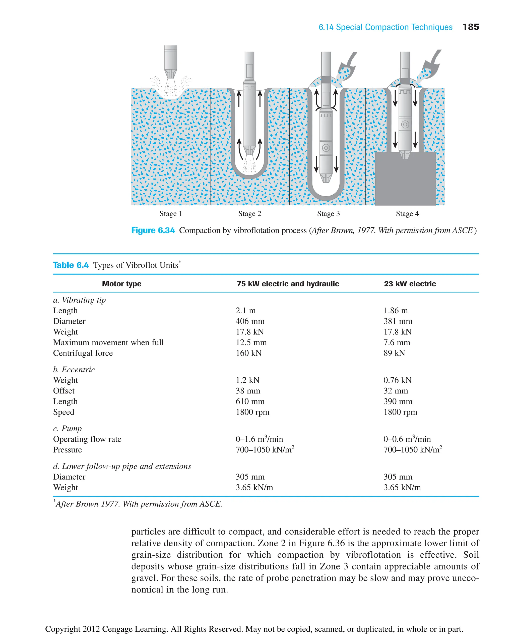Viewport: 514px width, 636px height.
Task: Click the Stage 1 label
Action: click(x=171, y=214)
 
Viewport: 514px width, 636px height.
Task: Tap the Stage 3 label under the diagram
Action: click(x=328, y=214)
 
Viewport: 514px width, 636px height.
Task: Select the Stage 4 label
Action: click(x=407, y=214)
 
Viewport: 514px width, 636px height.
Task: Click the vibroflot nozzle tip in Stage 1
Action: click(x=171, y=74)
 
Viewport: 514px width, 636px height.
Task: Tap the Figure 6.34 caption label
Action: click(x=153, y=230)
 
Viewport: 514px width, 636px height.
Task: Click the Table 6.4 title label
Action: click(x=71, y=265)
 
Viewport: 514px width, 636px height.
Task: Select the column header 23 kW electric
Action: click(x=410, y=284)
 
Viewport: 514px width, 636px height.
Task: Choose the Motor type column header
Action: click(x=121, y=284)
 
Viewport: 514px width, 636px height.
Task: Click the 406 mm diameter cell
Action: click(x=250, y=321)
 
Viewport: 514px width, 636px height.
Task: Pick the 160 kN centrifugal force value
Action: click(x=248, y=353)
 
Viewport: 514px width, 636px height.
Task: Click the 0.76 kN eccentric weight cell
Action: click(x=397, y=380)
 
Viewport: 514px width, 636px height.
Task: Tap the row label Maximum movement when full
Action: click(x=108, y=342)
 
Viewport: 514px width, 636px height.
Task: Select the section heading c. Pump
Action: click(x=67, y=429)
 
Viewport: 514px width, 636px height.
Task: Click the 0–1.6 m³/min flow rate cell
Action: click(x=259, y=439)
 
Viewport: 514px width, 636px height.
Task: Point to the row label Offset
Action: click(x=64, y=391)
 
